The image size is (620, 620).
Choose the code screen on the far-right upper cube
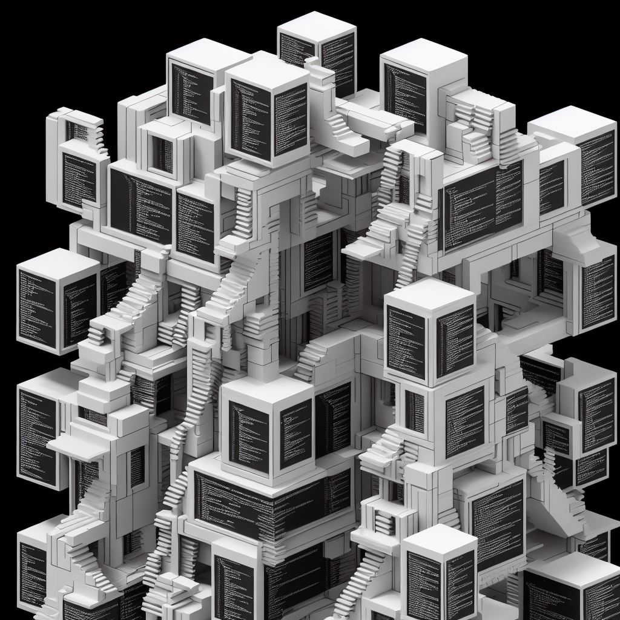[x=597, y=167]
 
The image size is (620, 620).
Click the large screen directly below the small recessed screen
[x=140, y=206]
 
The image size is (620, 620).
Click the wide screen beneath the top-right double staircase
[x=483, y=206]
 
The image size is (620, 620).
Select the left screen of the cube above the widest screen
[x=248, y=436]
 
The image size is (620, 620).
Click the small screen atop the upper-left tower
[x=77, y=130]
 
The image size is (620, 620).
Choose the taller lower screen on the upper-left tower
[x=79, y=179]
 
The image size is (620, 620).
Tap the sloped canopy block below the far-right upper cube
[x=572, y=239]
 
